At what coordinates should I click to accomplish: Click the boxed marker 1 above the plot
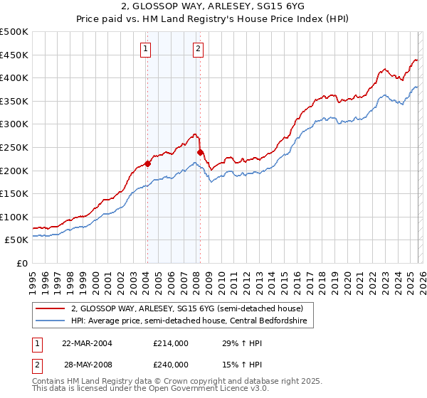[x=145, y=49]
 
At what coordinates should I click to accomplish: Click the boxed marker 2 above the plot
[x=197, y=49]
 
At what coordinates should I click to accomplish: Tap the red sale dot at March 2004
[x=148, y=163]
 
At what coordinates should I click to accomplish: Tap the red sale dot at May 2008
[x=200, y=151]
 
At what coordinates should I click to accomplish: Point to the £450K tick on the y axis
[x=14, y=55]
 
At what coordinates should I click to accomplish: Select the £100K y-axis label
[x=14, y=217]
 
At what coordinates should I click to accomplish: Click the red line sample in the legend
[x=51, y=308]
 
